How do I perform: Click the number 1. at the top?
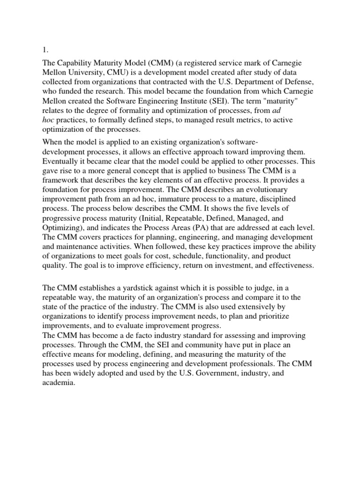(x=45, y=47)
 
